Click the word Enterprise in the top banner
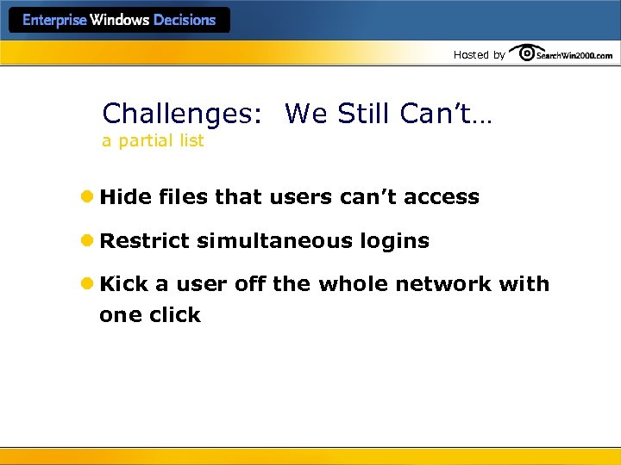coord(54,20)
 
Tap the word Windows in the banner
coord(119,20)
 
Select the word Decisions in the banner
coord(185,20)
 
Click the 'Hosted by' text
coord(480,55)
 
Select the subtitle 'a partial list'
coord(153,140)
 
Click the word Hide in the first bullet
coord(125,197)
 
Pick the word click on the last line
coord(174,315)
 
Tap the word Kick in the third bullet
coord(124,284)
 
